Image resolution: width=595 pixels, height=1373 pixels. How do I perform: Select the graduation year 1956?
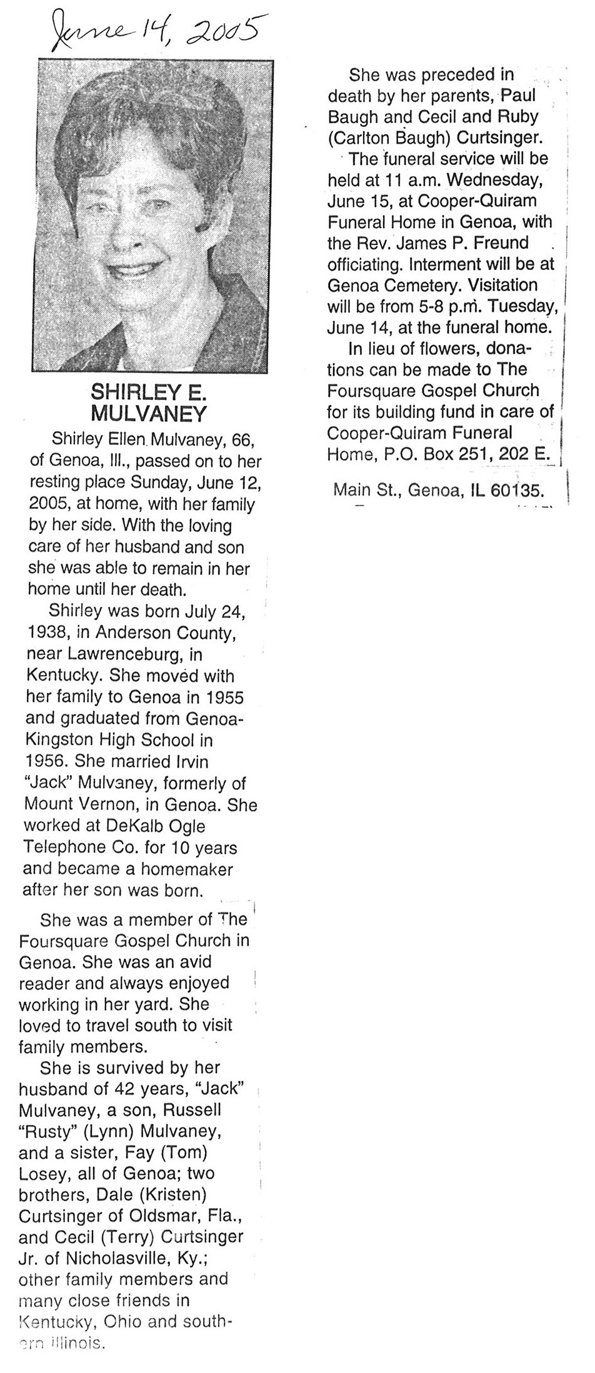pos(44,761)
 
